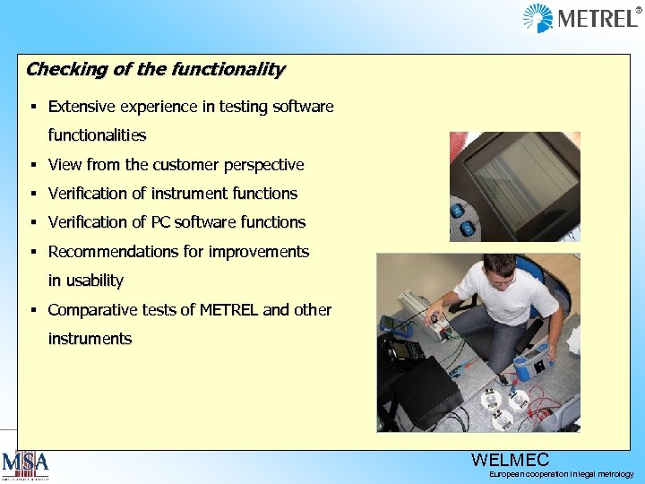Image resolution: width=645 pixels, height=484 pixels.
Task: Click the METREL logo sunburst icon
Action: (537, 18)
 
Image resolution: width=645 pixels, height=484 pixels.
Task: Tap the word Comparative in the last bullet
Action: (90, 310)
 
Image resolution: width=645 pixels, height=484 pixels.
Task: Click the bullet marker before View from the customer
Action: (31, 165)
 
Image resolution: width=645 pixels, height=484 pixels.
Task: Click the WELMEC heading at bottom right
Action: (510, 461)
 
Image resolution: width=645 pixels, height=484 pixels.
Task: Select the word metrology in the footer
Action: (614, 474)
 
